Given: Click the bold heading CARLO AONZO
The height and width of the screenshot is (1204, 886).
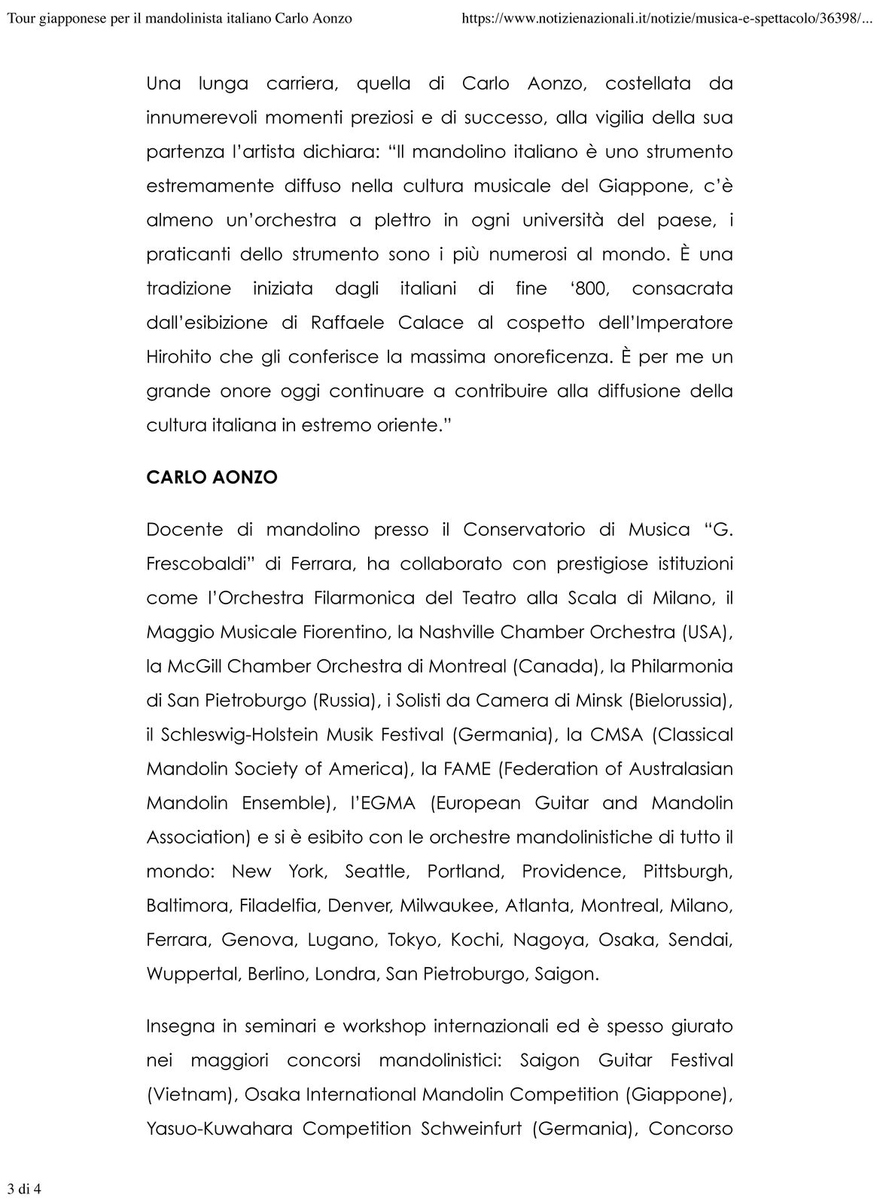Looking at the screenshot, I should click(x=212, y=478).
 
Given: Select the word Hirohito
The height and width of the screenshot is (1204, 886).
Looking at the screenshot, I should click(x=178, y=357).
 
